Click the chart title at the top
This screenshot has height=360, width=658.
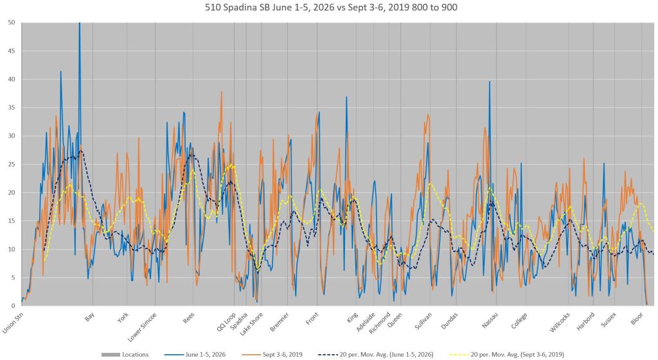[x=331, y=7]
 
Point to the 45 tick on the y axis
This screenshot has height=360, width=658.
[x=12, y=51]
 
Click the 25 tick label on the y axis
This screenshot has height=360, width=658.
[x=12, y=164]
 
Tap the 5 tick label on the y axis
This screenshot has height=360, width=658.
[x=13, y=277]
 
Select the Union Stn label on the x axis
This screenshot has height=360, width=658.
[x=13, y=324]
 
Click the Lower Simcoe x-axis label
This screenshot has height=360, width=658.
[x=143, y=327]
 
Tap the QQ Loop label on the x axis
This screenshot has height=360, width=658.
[x=227, y=322]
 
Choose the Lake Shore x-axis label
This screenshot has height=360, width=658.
[x=251, y=324]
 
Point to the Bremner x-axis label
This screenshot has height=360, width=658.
[x=280, y=322]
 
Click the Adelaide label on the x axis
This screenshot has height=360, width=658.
[x=366, y=322]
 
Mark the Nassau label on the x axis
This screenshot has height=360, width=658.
[x=490, y=321]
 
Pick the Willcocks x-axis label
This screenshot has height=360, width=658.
[x=560, y=322]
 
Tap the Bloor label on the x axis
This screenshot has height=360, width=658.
[x=637, y=318]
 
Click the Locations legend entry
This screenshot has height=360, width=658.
[x=125, y=355]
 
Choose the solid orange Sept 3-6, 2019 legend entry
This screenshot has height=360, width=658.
[x=272, y=355]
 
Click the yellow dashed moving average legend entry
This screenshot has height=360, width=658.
[x=506, y=355]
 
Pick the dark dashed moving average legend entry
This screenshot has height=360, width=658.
[x=376, y=355]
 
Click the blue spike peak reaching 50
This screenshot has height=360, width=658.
[x=79, y=23]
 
